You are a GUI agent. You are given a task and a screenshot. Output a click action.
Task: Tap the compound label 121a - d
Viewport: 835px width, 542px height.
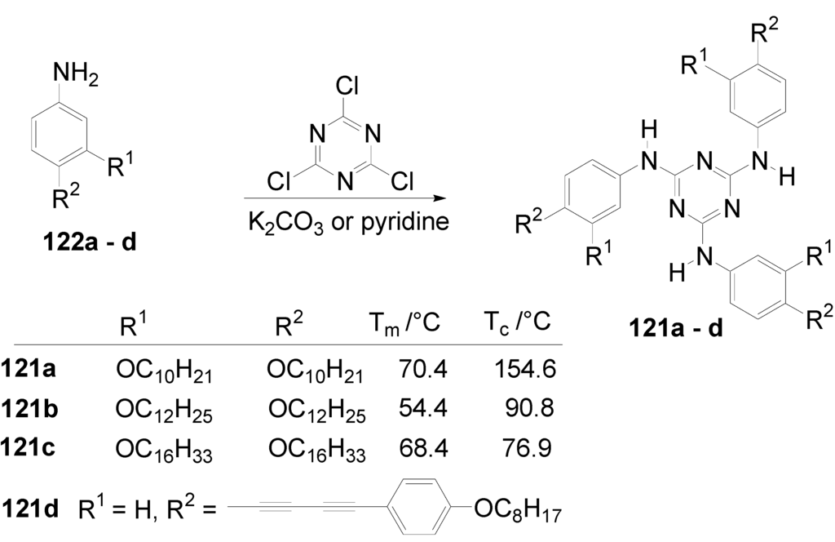[676, 331]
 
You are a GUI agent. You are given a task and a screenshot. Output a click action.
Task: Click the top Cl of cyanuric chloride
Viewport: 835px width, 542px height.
[342, 85]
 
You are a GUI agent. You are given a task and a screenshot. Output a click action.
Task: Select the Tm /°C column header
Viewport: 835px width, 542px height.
[401, 322]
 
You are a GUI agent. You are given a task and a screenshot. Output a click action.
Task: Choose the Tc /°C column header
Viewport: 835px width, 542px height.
[515, 322]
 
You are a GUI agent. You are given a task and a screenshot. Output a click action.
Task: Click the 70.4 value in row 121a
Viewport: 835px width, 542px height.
[425, 370]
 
